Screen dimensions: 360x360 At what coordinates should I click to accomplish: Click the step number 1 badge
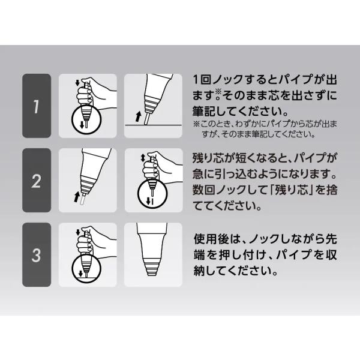pos(37,106)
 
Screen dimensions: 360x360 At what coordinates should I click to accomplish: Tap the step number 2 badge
pos(37,181)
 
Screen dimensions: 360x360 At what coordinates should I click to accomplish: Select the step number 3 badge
pos(37,254)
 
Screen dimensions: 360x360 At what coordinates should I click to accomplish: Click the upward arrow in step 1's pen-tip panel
pos(138,116)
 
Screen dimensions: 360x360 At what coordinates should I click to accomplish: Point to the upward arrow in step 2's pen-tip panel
pos(76,197)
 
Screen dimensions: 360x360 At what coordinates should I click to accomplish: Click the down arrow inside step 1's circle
pos(82,125)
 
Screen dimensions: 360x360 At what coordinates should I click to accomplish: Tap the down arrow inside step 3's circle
pos(80,273)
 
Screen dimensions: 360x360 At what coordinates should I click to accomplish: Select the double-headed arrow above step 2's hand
pos(143,157)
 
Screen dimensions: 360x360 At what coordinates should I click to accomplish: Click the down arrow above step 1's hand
pos(77,83)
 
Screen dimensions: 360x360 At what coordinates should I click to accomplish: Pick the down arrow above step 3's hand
pos(78,232)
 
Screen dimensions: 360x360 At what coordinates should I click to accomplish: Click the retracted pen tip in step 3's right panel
pos(152,268)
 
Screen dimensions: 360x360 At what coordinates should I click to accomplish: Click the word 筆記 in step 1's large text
pos(201,112)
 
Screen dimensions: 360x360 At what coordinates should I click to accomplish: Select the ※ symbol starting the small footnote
pos(197,124)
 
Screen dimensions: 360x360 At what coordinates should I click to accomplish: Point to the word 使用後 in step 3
pos(211,239)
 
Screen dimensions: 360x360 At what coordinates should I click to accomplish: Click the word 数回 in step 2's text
pos(201,190)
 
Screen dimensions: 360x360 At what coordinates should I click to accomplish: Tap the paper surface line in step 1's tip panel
pos(154,125)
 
